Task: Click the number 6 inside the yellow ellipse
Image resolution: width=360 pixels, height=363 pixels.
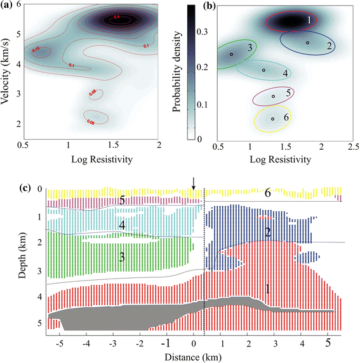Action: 287,118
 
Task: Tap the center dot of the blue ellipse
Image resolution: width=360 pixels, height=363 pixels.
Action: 307,43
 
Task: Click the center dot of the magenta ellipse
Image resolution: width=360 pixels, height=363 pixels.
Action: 274,96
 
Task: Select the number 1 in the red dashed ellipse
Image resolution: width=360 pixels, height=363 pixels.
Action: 309,20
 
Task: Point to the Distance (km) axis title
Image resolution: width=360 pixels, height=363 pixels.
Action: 179,356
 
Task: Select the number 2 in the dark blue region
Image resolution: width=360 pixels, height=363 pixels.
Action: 269,232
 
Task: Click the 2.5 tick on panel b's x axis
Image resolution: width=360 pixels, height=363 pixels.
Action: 351,147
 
